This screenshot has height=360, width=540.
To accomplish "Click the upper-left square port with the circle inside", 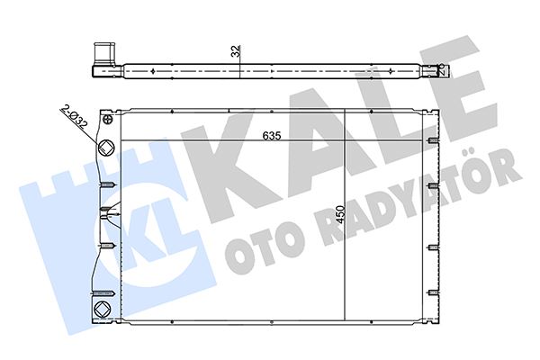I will pos(106,148).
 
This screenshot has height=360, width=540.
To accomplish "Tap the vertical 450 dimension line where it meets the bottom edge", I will pos(346,320).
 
